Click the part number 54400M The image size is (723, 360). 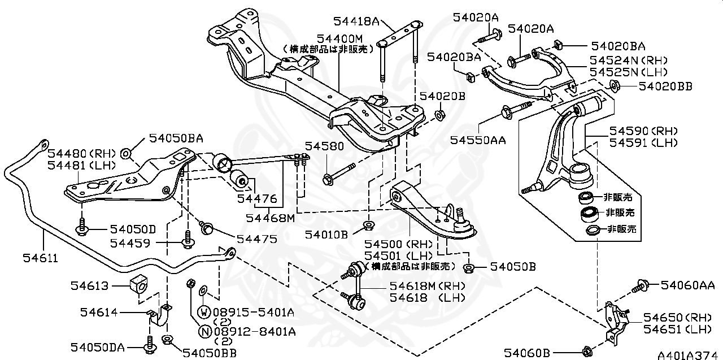coord(338,38)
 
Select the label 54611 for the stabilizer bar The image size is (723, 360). coord(41,258)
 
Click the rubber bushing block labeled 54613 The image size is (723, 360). coord(138,285)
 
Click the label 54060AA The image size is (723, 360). coord(688,285)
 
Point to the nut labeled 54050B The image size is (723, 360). coord(468,267)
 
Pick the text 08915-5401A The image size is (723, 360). coord(249,312)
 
